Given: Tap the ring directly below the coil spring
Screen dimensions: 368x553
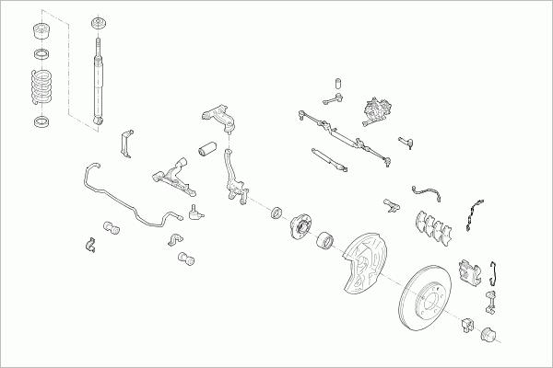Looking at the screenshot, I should (41, 121).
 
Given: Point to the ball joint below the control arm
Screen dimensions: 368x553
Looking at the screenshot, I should (194, 213).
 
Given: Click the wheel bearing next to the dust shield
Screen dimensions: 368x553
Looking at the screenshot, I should (325, 243).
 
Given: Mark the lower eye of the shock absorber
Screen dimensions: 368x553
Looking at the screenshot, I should (98, 120).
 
